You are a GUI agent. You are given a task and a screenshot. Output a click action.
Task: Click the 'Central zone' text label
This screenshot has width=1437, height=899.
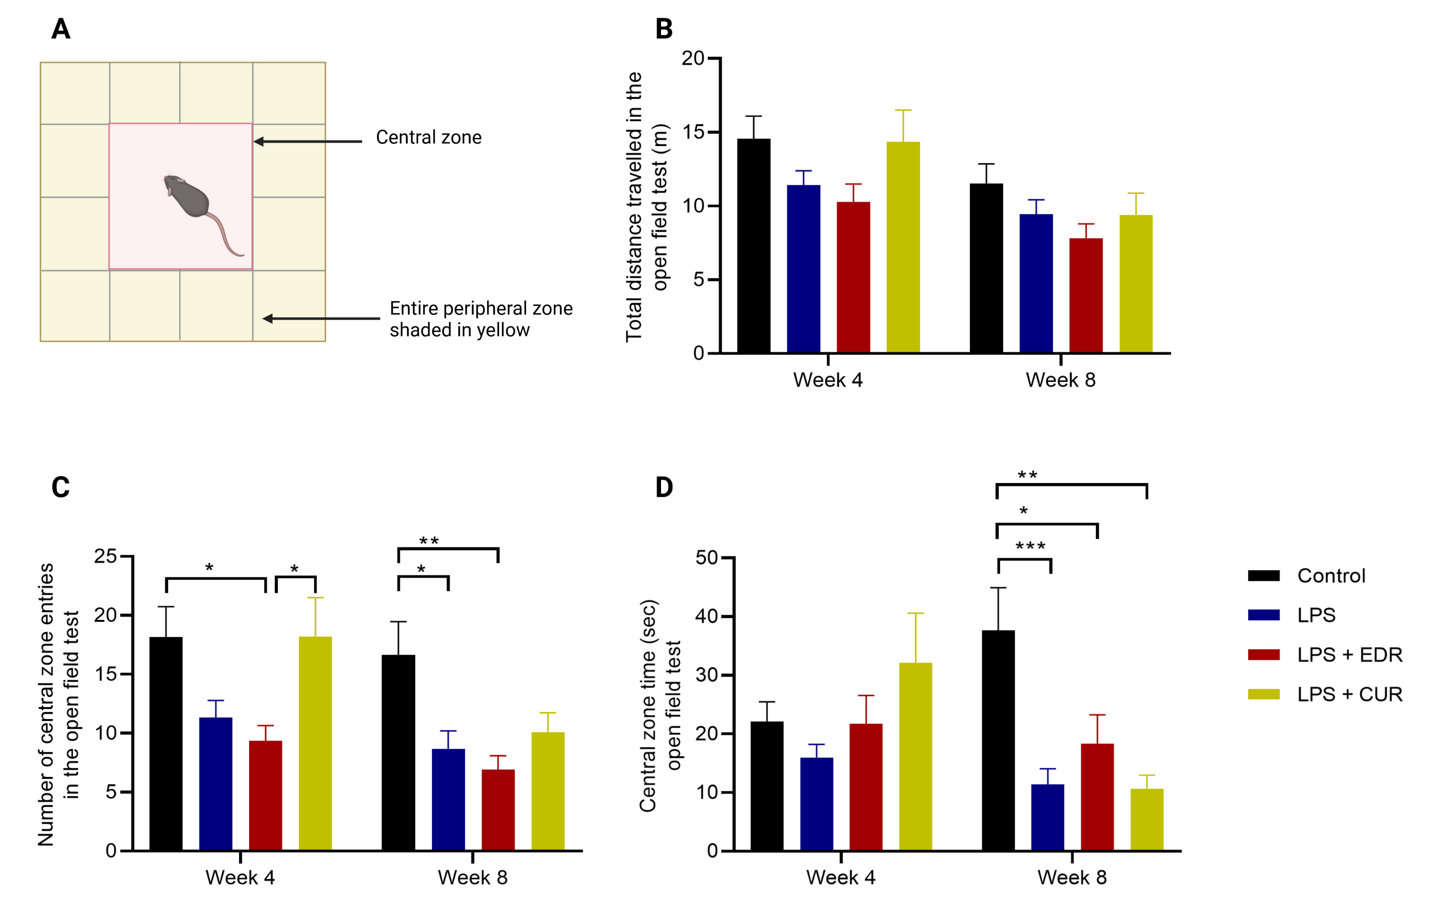(428, 137)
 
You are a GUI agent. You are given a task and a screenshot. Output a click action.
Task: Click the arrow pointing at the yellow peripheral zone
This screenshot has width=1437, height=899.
(321, 319)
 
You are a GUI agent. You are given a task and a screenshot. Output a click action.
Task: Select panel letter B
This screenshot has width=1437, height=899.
(664, 29)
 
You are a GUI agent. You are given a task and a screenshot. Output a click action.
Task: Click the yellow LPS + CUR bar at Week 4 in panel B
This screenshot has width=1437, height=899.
(903, 247)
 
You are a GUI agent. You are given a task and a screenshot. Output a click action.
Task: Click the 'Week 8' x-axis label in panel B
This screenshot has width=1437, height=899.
(1061, 380)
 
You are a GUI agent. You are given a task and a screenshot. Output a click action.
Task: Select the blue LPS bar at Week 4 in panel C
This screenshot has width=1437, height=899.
(216, 784)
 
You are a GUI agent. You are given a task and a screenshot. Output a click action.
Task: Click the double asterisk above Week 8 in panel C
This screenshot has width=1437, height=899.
(429, 540)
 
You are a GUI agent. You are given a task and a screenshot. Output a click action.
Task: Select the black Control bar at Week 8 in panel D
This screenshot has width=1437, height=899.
(998, 740)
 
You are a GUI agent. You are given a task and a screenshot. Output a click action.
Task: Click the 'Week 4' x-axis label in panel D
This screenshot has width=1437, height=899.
(841, 877)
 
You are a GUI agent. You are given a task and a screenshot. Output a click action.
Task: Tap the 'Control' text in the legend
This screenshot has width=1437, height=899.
(1331, 575)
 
